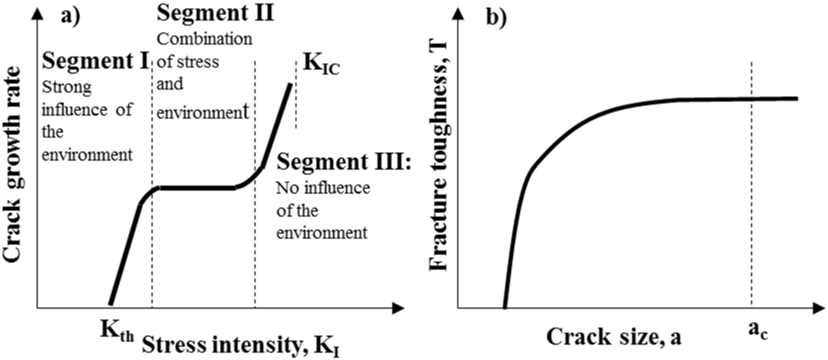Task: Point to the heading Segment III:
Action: [x=344, y=163]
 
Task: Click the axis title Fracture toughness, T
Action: [x=439, y=162]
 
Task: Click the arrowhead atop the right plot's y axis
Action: [x=458, y=11]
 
